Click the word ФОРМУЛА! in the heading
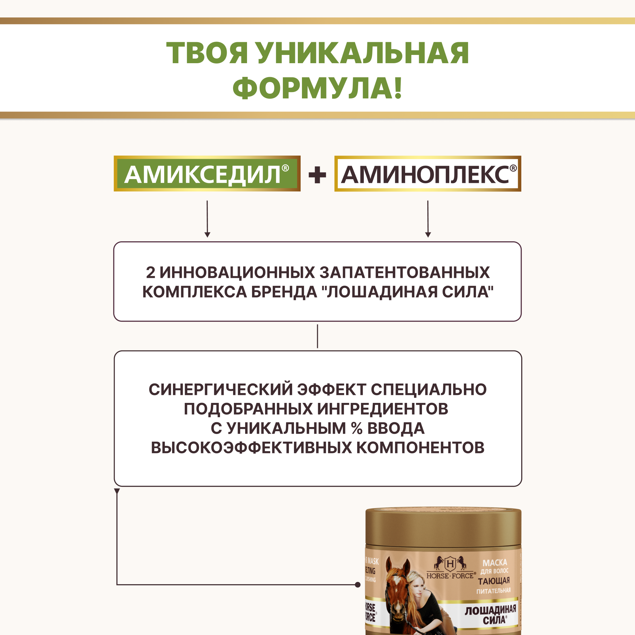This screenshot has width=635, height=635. [x=317, y=88]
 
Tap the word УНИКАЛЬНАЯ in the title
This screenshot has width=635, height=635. [x=363, y=53]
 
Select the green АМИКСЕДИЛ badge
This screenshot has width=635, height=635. [x=207, y=174]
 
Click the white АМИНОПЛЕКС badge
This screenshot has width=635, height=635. [x=428, y=174]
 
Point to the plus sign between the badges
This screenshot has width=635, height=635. [x=317, y=175]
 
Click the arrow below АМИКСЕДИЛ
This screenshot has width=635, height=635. [x=207, y=219]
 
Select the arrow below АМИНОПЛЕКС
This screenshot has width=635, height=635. [x=428, y=219]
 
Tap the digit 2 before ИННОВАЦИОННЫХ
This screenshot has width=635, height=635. [x=150, y=272]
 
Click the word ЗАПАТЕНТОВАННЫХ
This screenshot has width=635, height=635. [x=404, y=272]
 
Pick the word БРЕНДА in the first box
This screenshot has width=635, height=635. [x=284, y=292]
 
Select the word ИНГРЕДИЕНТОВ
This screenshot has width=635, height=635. [x=383, y=409]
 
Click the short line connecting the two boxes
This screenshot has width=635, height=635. [x=317, y=336]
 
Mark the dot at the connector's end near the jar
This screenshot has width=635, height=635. [x=358, y=585]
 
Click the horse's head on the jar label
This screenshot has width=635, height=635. [x=397, y=588]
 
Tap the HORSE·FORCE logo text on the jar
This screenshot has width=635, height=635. [x=451, y=576]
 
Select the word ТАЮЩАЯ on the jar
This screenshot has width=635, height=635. [x=494, y=581]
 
